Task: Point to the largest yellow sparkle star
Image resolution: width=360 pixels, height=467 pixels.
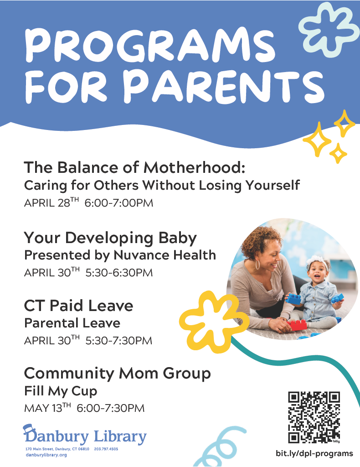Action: (x=317, y=140)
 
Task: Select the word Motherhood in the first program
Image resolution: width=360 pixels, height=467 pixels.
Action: (x=194, y=167)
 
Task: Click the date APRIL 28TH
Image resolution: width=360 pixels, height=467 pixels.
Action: (x=51, y=202)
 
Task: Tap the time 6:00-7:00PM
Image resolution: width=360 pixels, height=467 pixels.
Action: (x=119, y=203)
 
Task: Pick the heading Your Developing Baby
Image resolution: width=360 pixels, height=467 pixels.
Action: (x=110, y=238)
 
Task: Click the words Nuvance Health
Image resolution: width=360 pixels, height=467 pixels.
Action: (x=165, y=255)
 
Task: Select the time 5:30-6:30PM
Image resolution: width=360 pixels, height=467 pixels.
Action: (x=119, y=273)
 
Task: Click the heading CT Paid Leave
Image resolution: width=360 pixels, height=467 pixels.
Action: (x=78, y=306)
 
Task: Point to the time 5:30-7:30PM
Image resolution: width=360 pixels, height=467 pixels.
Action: (x=119, y=341)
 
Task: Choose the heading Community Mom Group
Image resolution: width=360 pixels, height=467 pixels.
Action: (x=118, y=374)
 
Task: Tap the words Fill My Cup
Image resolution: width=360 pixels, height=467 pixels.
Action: (x=61, y=391)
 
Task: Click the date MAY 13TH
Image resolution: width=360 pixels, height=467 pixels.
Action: (x=47, y=408)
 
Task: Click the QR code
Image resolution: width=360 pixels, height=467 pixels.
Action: (x=314, y=417)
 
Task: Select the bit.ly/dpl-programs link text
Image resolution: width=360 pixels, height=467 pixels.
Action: (x=314, y=454)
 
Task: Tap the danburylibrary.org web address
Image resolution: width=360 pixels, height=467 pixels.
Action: (x=46, y=455)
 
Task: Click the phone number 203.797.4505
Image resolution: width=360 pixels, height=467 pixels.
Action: (x=106, y=449)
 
